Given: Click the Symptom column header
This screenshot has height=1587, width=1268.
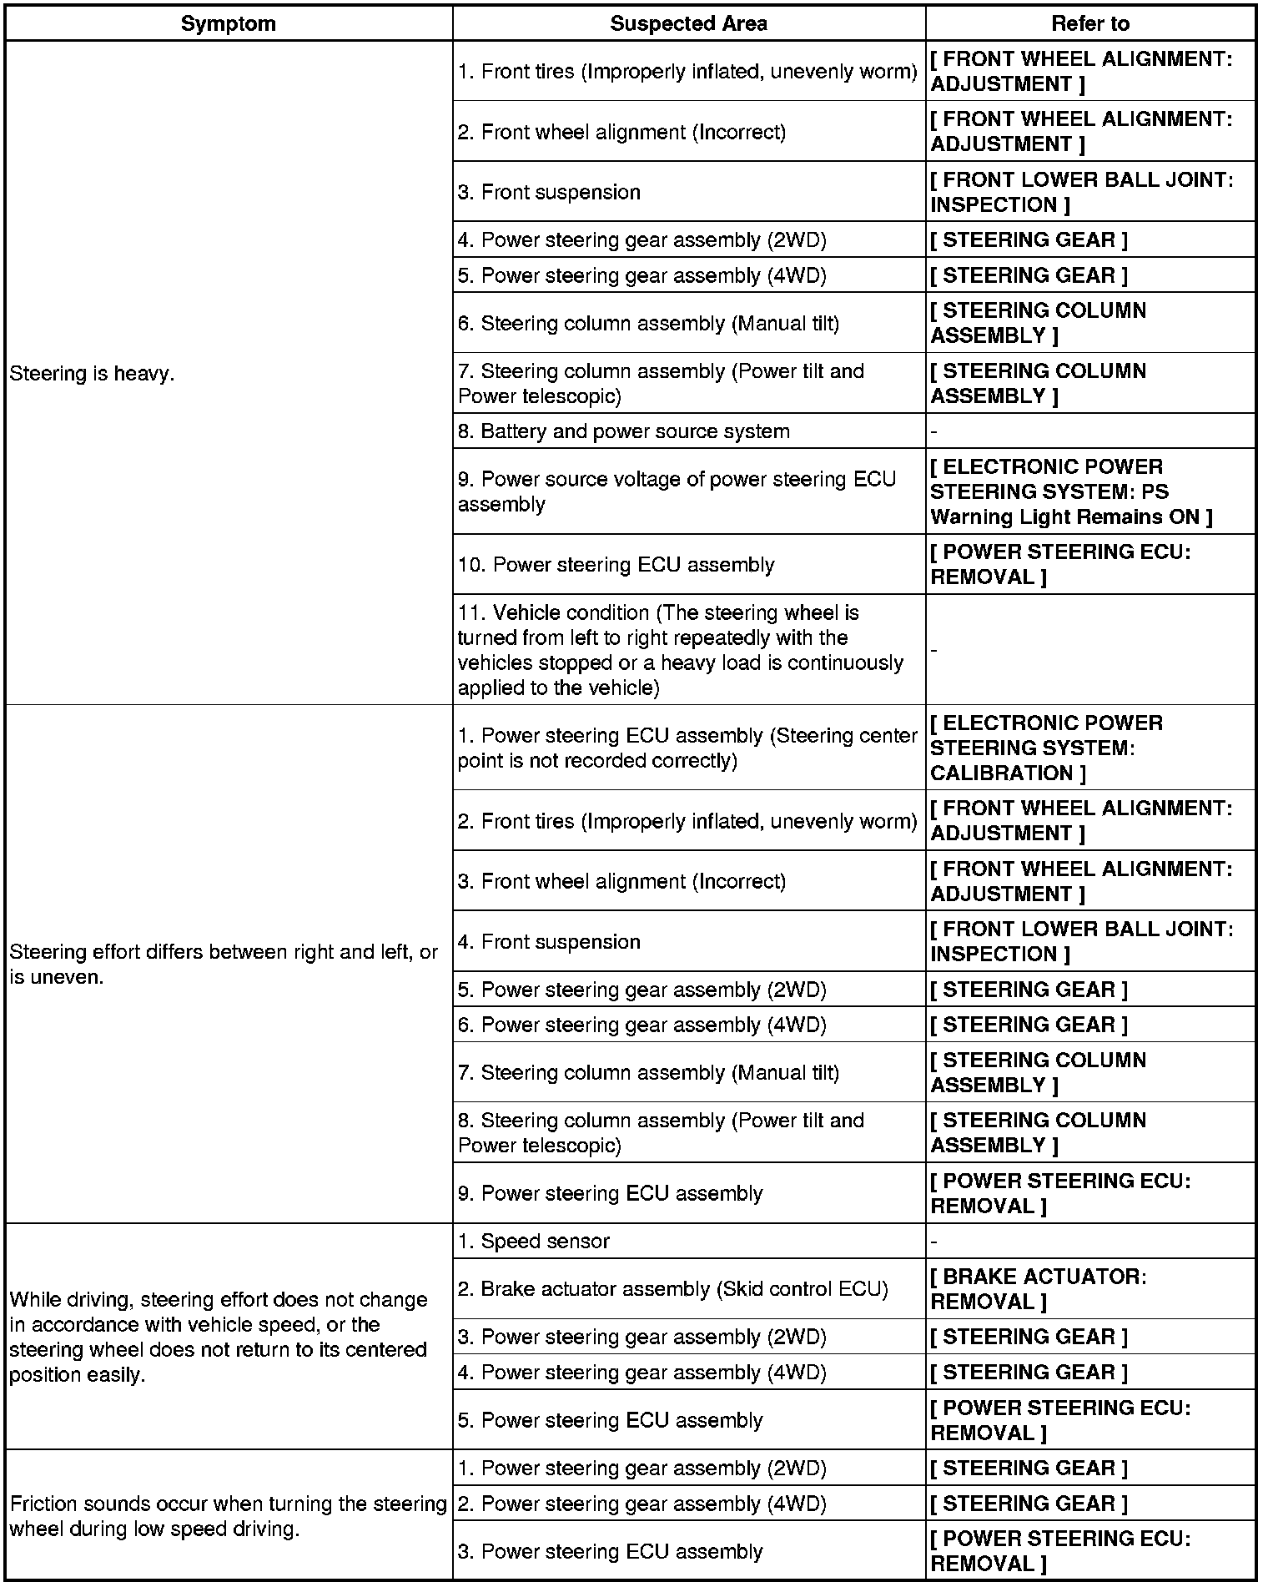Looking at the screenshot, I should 228,23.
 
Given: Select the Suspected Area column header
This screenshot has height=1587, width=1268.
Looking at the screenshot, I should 688,23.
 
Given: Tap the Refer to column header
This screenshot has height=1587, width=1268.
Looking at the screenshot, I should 1089,23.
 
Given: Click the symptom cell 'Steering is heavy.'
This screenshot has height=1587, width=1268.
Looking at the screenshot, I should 92,373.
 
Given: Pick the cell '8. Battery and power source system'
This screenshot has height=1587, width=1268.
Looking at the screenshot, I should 623,431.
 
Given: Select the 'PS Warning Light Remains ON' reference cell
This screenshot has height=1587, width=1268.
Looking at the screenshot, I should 1071,491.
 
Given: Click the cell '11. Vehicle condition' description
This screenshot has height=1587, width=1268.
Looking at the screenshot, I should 681,650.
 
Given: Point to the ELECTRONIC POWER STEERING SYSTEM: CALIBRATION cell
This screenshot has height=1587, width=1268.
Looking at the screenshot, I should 1046,748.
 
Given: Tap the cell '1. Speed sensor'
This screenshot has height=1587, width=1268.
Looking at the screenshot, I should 534,1241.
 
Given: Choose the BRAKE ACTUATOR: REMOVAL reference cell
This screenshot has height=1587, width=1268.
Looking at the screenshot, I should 1039,1289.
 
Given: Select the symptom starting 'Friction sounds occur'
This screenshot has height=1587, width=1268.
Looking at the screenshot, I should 228,1516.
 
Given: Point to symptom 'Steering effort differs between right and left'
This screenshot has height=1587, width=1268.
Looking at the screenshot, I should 224,964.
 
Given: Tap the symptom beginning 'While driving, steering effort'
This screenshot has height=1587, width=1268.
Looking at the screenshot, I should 219,1337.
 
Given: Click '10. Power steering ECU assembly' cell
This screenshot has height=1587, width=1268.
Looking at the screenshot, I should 616,565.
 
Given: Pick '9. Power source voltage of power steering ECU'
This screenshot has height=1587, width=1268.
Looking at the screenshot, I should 677,491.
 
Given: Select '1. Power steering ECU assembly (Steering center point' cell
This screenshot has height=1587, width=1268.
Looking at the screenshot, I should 687,748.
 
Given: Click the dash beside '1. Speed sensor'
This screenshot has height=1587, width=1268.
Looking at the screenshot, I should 934,1242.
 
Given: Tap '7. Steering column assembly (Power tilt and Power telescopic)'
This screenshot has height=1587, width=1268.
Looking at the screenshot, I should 661,383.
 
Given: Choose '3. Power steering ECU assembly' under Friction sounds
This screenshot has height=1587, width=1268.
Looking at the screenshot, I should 610,1551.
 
